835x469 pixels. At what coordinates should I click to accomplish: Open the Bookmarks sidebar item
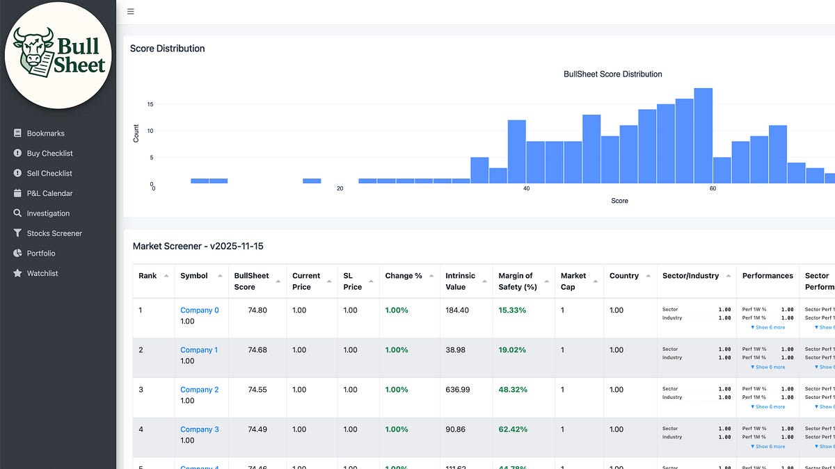click(x=45, y=133)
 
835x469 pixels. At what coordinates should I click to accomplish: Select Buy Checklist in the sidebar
click(x=49, y=154)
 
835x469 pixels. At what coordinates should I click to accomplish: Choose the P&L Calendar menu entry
click(x=49, y=193)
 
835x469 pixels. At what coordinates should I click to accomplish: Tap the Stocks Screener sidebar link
click(x=54, y=233)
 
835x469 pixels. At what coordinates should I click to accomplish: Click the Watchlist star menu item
click(x=42, y=274)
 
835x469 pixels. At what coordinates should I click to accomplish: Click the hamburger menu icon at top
click(x=131, y=12)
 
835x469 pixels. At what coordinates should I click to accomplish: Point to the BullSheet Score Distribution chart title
click(x=612, y=74)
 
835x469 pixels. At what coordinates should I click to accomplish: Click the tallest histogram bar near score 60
click(x=703, y=136)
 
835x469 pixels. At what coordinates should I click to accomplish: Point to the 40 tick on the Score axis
click(x=526, y=188)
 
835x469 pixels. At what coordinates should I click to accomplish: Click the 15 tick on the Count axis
click(x=150, y=104)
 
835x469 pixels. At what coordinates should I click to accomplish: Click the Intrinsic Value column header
click(x=460, y=281)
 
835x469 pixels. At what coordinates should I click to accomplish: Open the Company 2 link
click(x=199, y=390)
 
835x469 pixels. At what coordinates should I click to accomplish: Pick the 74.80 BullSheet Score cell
click(x=257, y=311)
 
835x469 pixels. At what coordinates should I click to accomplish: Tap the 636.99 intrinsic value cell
click(x=458, y=390)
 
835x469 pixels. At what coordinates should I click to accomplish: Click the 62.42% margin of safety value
click(x=513, y=429)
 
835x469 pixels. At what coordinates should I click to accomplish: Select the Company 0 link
click(x=199, y=311)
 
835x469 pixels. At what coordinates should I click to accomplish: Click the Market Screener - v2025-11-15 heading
click(x=198, y=247)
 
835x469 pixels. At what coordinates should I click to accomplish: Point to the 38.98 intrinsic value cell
click(x=455, y=350)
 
